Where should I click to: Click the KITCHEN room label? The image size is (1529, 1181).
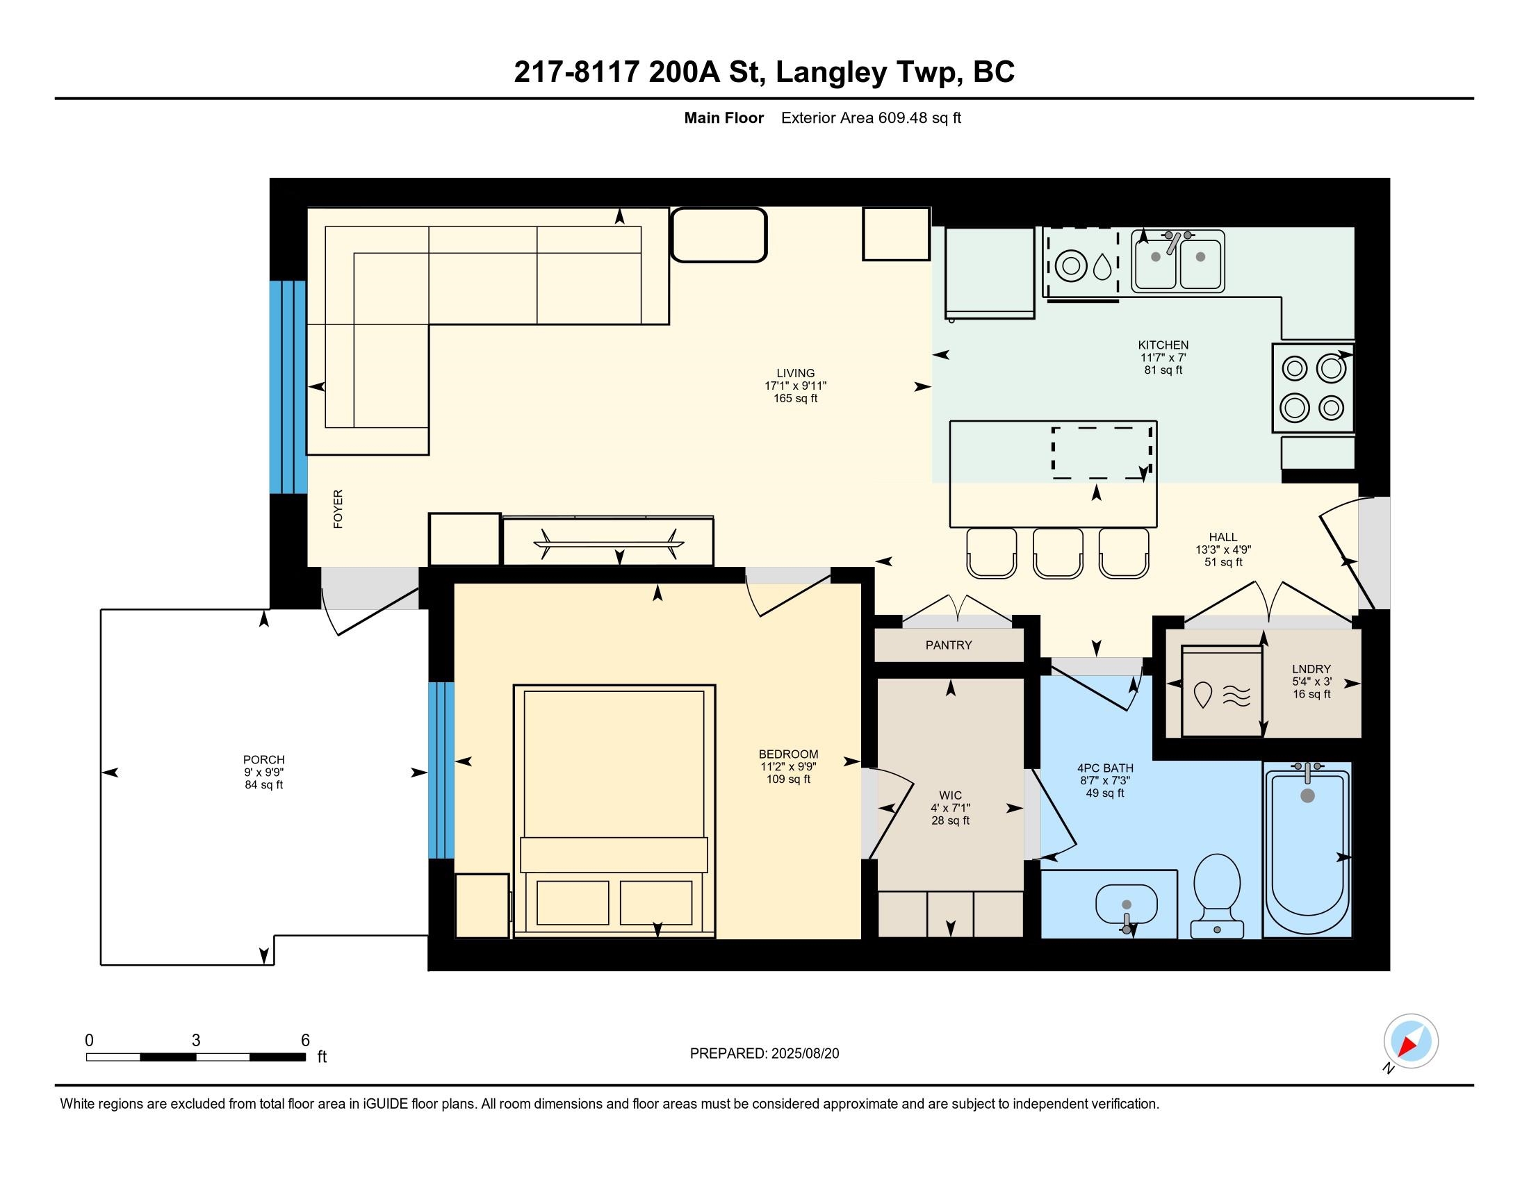click(x=1163, y=345)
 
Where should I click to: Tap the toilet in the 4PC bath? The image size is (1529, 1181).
click(x=1217, y=895)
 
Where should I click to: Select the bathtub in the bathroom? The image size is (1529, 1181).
click(x=1307, y=851)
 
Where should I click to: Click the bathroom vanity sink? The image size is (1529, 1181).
click(x=1126, y=905)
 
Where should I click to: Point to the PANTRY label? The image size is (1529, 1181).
click(x=949, y=645)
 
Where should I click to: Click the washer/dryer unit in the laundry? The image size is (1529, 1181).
click(x=1222, y=691)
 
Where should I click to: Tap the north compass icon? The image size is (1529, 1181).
click(x=1411, y=1041)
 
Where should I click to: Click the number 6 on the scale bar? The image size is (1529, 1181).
click(x=305, y=1041)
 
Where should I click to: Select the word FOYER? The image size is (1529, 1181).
click(x=338, y=509)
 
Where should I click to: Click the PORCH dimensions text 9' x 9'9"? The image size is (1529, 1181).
click(x=264, y=773)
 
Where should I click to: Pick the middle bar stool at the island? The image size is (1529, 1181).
click(x=1058, y=553)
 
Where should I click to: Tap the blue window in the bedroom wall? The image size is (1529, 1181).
click(x=441, y=770)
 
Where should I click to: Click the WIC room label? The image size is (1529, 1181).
click(x=950, y=795)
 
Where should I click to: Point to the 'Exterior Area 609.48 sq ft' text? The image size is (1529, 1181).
click(x=871, y=118)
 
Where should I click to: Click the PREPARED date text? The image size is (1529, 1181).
click(x=764, y=1054)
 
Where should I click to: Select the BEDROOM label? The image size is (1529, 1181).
click(x=788, y=754)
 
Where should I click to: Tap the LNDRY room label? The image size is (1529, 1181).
click(x=1311, y=669)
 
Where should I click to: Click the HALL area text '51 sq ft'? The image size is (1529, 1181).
click(x=1223, y=562)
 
